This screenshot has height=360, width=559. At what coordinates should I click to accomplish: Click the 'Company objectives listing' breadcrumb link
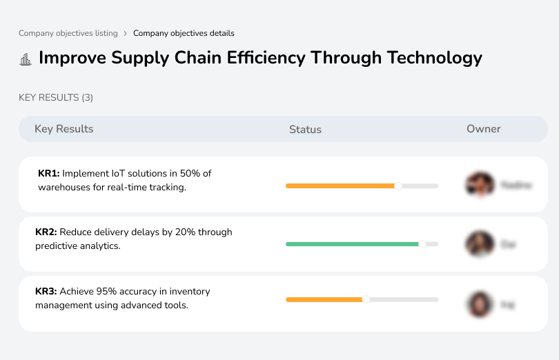click(68, 33)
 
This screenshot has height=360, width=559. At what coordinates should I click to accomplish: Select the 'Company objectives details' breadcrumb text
click(184, 33)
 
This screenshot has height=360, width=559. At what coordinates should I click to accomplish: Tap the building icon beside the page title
click(26, 59)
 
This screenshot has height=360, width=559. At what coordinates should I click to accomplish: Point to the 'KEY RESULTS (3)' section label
click(56, 98)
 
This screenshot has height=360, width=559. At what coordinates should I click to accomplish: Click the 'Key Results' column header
click(63, 129)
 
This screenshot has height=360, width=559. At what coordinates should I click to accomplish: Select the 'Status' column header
click(305, 130)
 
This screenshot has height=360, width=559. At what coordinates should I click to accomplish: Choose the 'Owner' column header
click(484, 129)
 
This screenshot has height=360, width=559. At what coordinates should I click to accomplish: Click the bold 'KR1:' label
click(49, 174)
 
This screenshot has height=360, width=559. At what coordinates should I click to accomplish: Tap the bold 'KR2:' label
click(46, 232)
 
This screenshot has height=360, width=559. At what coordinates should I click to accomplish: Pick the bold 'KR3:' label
click(46, 292)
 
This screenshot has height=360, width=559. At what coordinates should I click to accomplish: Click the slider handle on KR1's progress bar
click(398, 186)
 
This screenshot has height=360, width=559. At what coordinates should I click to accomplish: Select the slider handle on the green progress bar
click(422, 243)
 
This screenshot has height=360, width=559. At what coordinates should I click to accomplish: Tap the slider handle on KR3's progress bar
click(366, 299)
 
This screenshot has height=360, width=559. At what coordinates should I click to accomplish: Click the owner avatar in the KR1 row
click(480, 185)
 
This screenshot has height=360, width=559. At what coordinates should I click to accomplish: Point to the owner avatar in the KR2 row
click(480, 244)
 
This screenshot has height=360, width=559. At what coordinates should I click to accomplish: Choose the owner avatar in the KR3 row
click(480, 303)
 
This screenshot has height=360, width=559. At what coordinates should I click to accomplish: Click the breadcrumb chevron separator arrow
click(125, 33)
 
